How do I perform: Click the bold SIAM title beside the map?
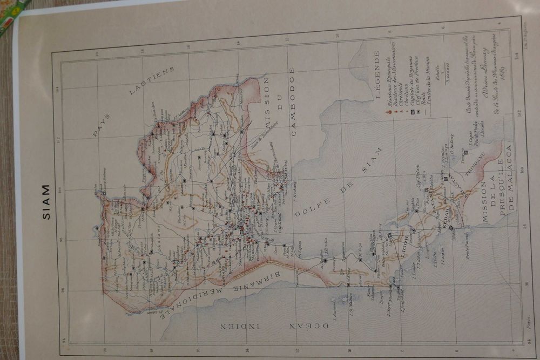point(46,202)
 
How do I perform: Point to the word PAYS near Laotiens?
point(102,125)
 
